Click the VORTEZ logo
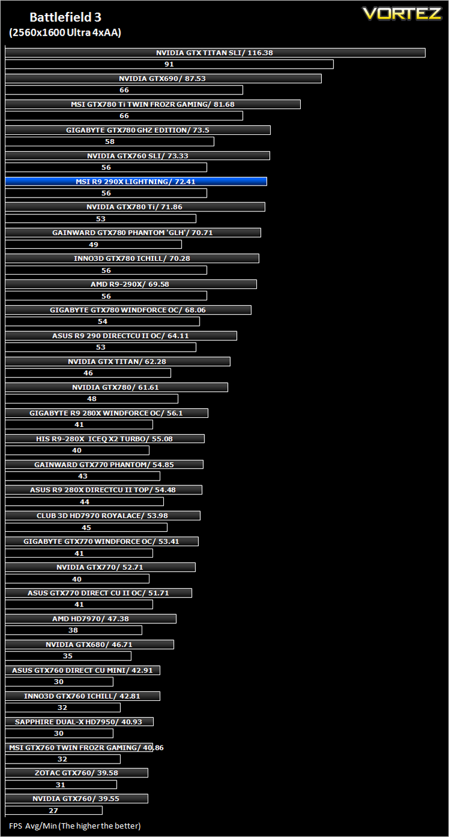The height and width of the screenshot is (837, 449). (402, 14)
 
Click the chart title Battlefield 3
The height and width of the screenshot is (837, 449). (66, 17)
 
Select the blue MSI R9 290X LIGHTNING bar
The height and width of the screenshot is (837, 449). (136, 182)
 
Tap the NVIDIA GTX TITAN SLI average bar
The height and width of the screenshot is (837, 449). (215, 52)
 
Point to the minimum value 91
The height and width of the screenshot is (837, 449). (169, 64)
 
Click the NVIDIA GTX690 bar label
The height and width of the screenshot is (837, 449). (162, 78)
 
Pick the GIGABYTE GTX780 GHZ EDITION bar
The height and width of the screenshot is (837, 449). (138, 130)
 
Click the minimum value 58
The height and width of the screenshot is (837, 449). (110, 142)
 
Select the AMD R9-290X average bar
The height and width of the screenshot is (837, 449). (131, 284)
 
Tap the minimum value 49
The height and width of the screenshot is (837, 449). (93, 244)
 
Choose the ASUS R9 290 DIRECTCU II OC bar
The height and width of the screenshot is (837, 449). (121, 336)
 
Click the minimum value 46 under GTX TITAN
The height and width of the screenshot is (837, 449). (88, 373)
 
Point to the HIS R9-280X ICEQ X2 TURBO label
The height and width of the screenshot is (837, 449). (104, 439)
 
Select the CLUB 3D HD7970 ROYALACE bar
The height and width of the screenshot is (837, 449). (103, 515)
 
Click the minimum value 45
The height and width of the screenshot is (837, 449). (86, 527)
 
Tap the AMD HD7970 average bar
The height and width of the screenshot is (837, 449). (91, 619)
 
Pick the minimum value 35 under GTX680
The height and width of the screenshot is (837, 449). (68, 656)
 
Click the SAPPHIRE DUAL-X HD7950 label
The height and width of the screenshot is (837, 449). (78, 722)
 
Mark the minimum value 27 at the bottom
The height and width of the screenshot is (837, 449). (54, 811)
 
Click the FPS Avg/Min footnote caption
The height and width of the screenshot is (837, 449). (75, 826)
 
